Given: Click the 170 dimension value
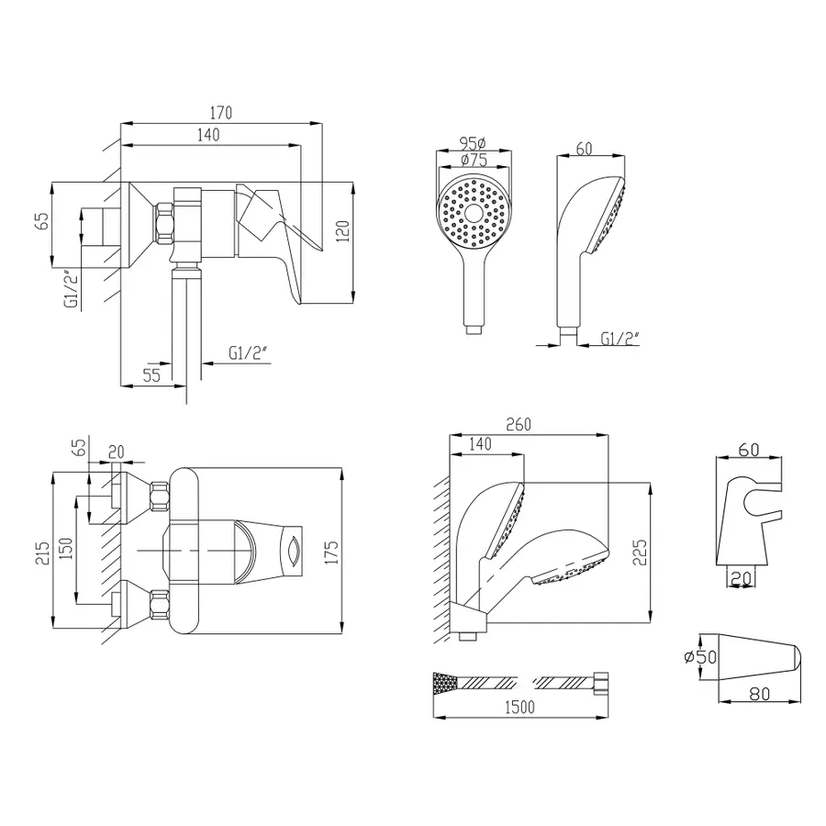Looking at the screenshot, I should click(x=220, y=113).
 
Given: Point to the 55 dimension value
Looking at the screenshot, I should click(x=151, y=374).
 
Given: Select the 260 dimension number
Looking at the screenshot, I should click(x=518, y=425).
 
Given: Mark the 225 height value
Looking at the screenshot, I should click(x=640, y=551).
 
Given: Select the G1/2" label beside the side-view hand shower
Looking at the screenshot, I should click(x=619, y=339).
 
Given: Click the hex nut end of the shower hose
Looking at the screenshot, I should click(x=602, y=683).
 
